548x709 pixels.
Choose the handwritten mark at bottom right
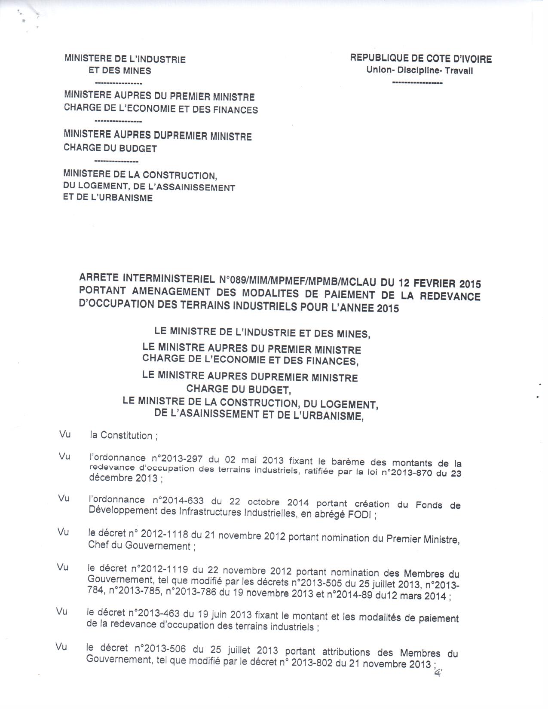coord(438,674)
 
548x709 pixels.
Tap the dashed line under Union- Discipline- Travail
coord(417,83)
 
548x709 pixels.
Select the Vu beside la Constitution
coord(65,434)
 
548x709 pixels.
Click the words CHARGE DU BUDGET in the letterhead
coord(110,148)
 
